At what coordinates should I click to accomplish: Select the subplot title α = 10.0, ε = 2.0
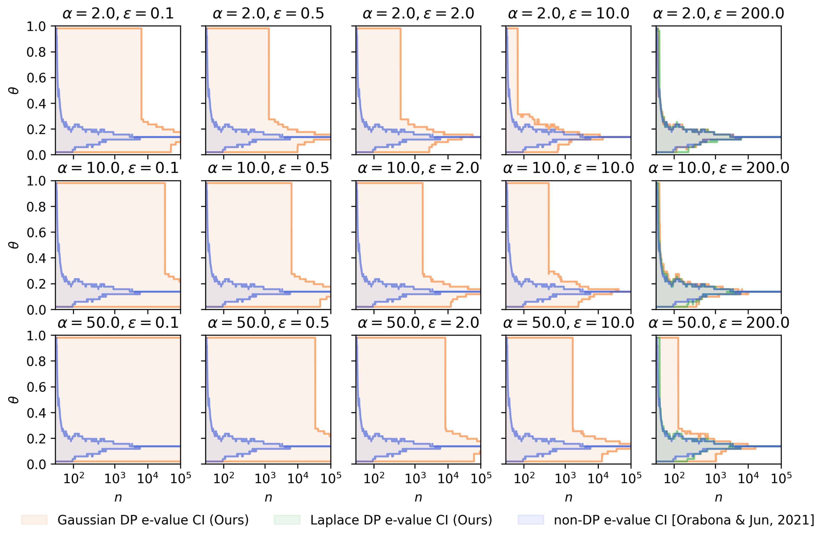tap(418, 168)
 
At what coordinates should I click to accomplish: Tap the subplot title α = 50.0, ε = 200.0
tap(719, 323)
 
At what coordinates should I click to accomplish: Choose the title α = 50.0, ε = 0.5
tap(268, 323)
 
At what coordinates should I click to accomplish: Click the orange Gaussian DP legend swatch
tap(34, 520)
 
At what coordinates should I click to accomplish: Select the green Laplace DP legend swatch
tap(287, 520)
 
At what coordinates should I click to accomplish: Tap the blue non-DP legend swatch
tap(531, 520)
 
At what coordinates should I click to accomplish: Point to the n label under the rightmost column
tap(718, 498)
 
